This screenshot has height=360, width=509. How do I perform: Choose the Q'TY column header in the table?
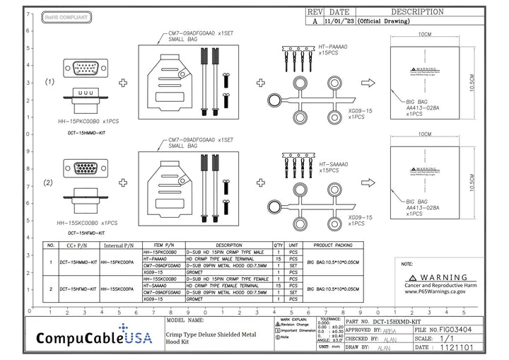pos(278,245)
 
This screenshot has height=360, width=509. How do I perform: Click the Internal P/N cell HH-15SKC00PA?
pos(118,290)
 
